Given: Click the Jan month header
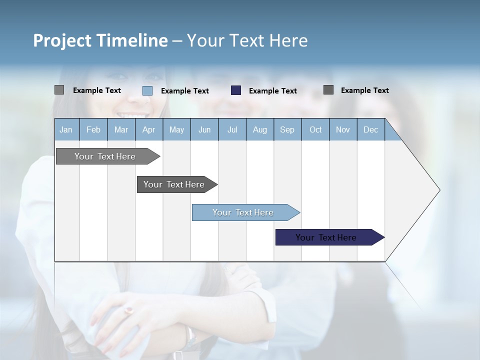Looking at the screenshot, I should [66, 129].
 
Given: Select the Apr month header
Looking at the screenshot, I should [148, 129].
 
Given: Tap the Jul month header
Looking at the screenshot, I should [232, 129].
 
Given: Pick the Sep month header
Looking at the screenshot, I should [287, 129].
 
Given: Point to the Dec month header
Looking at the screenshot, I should [370, 129].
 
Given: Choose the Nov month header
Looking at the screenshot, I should [342, 129].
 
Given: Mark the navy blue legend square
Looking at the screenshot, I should [236, 90].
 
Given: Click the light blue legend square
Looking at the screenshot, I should [147, 90].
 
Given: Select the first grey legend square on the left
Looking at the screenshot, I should [59, 90].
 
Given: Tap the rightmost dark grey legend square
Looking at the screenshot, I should [328, 90].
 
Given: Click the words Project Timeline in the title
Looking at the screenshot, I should [100, 40].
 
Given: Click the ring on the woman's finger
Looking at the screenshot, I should [129, 310].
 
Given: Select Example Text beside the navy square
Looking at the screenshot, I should [272, 91].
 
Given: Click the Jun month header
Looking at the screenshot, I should [204, 129].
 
